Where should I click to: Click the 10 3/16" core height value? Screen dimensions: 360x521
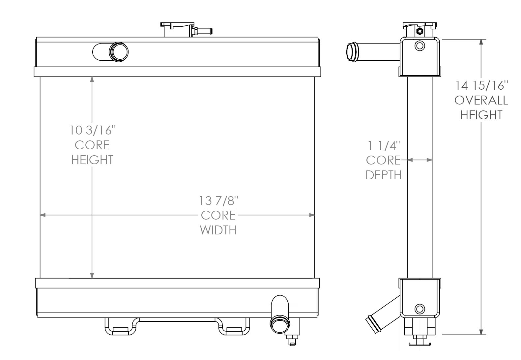pos(93,130)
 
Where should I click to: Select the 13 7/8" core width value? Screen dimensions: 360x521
pos(218,200)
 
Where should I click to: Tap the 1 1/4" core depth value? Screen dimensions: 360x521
pos(384,145)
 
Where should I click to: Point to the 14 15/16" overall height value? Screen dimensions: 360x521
pos(481,85)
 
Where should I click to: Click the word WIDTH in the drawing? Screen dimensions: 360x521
pos(218,230)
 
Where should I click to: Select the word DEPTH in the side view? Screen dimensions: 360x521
pos(384,175)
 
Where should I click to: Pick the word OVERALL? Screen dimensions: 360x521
pos(481,100)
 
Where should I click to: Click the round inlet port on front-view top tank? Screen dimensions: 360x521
pos(119,52)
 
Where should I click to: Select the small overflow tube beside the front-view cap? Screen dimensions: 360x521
pos(204,31)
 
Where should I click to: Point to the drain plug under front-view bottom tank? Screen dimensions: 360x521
pos(292,339)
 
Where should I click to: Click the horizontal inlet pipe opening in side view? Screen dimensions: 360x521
pos(351,52)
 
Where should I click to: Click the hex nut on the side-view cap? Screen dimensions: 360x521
pos(420,32)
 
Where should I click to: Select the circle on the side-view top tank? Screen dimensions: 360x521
pos(420,45)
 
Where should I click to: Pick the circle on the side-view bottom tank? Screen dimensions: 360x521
pos(420,309)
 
